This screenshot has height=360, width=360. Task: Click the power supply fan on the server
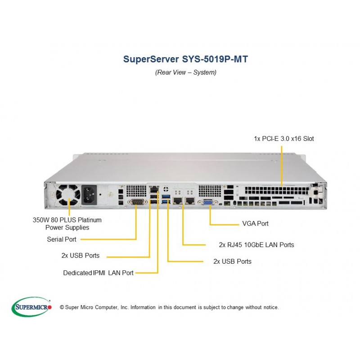69,195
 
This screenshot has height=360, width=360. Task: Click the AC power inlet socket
89,195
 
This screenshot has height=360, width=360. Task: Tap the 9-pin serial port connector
137,202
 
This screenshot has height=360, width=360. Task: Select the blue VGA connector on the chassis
208,202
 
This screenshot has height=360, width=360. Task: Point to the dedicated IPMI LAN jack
154,189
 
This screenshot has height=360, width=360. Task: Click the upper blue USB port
166,197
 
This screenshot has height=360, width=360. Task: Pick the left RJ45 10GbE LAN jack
178,200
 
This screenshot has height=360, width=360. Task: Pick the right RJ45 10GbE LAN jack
190,200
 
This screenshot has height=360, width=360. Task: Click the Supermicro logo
31,307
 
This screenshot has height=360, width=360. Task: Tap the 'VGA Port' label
255,224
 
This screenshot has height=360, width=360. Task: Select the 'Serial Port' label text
62,239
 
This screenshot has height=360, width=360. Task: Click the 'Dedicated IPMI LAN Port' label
98,273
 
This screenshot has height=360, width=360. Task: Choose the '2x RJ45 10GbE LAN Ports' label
256,245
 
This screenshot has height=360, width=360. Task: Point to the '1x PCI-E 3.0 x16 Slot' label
284,139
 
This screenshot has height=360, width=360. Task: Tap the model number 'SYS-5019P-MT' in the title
215,59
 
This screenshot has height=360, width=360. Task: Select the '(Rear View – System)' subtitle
186,72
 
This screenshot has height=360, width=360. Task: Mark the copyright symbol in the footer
62,307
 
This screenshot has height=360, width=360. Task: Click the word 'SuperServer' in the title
151,59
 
